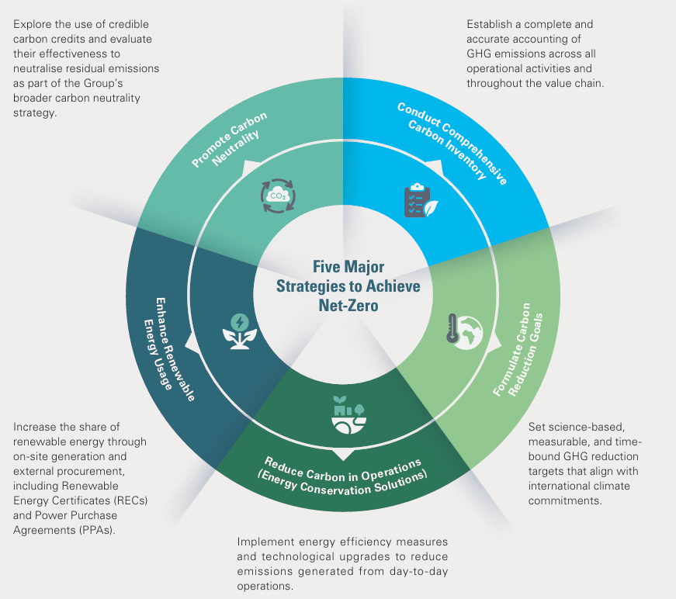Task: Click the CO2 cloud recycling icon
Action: click(278, 196)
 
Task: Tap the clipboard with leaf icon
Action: click(421, 201)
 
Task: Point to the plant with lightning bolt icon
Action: click(240, 331)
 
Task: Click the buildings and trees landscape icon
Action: click(348, 414)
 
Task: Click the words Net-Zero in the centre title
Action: click(348, 306)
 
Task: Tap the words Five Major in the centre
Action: click(348, 267)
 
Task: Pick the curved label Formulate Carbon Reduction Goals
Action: click(518, 350)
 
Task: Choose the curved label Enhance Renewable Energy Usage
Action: click(169, 348)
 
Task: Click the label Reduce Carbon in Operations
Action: click(343, 472)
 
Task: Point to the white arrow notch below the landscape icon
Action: click(343, 455)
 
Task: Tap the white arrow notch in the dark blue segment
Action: click(189, 341)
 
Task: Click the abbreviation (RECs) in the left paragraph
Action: click(130, 500)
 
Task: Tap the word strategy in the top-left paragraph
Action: click(35, 113)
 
